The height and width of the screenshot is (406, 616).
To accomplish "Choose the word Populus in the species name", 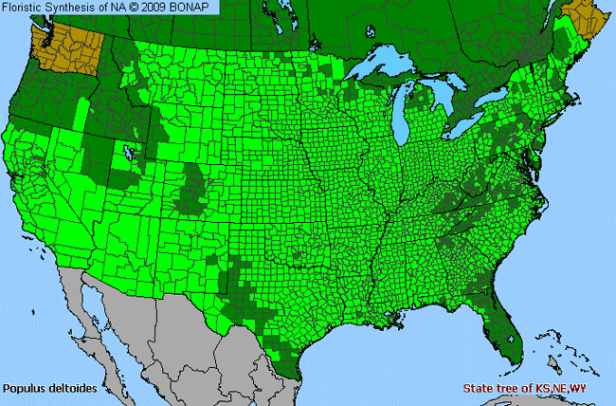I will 25,389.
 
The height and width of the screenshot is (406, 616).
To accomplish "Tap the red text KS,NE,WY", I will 576,389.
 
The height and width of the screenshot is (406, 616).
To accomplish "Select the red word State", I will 480,389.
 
